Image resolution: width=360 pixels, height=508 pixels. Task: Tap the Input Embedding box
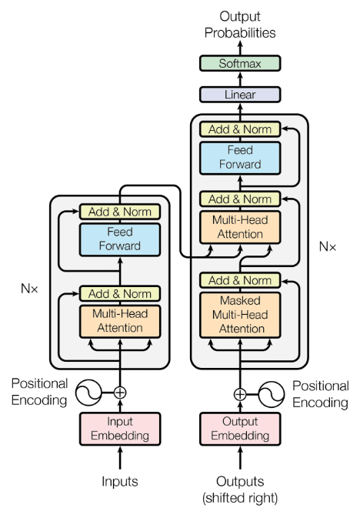(x=120, y=429)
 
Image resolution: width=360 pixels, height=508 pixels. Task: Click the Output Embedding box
(x=239, y=429)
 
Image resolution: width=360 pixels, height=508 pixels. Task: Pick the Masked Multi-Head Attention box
(x=239, y=314)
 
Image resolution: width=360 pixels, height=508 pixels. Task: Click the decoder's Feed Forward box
(x=239, y=158)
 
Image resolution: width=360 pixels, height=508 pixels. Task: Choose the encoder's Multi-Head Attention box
(x=119, y=322)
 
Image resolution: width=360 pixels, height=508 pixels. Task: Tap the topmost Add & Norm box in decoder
(x=239, y=129)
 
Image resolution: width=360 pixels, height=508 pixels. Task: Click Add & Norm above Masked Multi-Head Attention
(x=239, y=280)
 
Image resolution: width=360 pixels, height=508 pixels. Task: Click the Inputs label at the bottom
(x=120, y=482)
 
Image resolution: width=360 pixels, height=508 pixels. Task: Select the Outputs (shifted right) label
(x=239, y=488)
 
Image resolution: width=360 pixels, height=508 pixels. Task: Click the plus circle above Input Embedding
(x=120, y=392)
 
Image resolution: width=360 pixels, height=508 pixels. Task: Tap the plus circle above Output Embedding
(x=239, y=394)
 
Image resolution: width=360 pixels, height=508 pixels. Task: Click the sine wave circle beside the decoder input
(x=273, y=394)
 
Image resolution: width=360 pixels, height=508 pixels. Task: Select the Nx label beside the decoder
(x=328, y=247)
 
